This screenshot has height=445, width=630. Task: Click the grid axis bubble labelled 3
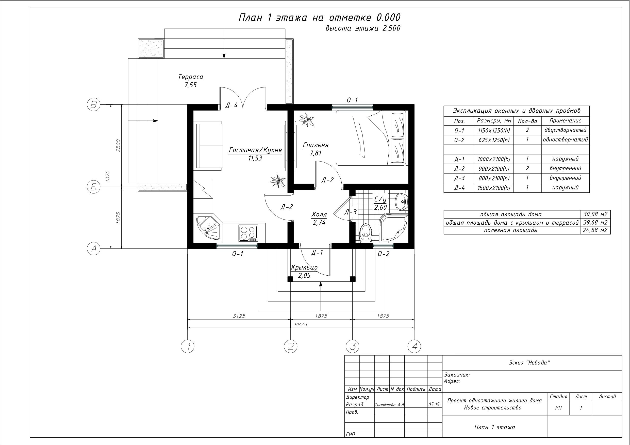(353, 346)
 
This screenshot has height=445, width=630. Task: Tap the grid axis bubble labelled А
(94, 249)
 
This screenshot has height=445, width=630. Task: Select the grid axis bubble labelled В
(94, 105)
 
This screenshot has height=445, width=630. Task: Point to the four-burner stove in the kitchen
(248, 233)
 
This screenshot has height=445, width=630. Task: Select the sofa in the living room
(210, 146)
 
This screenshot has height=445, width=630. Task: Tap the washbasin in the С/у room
(402, 202)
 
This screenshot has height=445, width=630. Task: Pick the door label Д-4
(231, 105)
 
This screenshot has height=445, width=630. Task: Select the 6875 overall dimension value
(301, 325)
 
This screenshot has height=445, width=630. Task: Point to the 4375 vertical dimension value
(108, 176)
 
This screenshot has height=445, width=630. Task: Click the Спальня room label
(316, 145)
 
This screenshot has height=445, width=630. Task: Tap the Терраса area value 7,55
(191, 85)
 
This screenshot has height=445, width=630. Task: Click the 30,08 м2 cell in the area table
(595, 214)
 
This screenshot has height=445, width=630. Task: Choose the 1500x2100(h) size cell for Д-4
(494, 188)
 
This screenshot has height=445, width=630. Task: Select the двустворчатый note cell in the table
(565, 130)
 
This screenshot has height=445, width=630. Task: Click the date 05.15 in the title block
(434, 404)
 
